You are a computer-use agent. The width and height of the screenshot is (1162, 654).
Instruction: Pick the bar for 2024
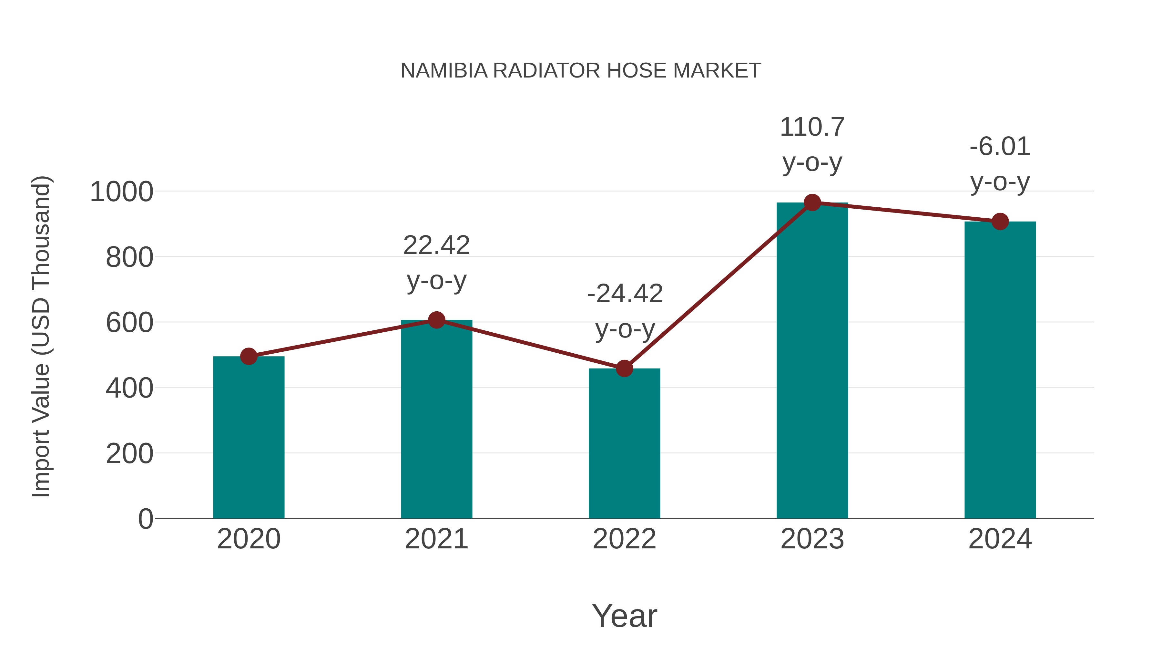pos(1000,370)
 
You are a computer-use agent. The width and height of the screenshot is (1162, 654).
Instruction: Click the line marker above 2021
pos(436,320)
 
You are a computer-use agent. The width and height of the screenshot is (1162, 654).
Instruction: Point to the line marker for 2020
pos(249,357)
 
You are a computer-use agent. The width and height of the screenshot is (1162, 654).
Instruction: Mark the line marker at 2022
pos(624,369)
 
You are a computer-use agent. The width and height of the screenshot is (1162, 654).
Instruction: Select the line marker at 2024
pos(1000,222)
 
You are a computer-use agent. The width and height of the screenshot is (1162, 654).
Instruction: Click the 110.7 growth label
pos(812,127)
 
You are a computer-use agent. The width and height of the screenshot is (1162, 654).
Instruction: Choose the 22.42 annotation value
pos(436,245)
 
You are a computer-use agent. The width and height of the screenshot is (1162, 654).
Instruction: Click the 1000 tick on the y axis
pos(122,192)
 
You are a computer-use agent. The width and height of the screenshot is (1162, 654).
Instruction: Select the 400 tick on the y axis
pos(129,388)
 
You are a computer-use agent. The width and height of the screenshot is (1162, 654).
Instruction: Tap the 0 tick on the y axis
pos(145,519)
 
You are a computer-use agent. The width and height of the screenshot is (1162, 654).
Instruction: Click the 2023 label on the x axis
pos(812,539)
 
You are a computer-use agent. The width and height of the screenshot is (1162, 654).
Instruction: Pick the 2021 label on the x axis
pos(436,539)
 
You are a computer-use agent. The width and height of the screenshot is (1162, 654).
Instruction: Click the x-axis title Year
pos(624,616)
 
